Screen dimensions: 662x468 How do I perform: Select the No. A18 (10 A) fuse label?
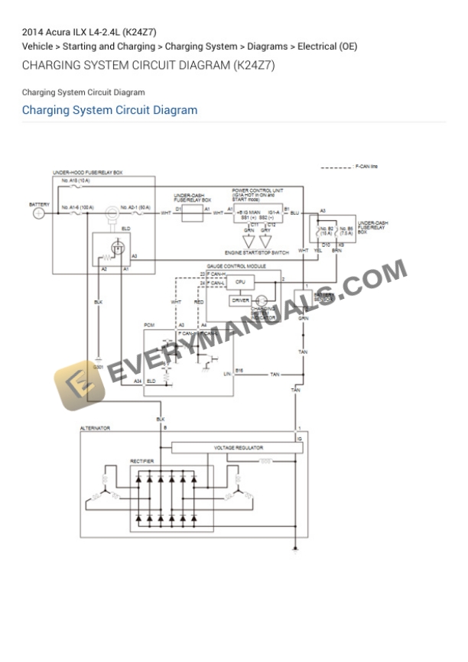coord(76,180)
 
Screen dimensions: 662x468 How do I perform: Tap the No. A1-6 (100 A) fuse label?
coord(77,206)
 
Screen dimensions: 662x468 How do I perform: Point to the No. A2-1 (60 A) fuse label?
coord(135,206)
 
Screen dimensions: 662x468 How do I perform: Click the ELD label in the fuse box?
coord(125,228)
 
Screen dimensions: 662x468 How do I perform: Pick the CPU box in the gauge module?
coord(240,282)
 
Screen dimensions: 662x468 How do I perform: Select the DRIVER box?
coord(240,300)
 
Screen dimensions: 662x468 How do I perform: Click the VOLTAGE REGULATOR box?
coord(239,447)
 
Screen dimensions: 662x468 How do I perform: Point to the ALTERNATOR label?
coord(96,428)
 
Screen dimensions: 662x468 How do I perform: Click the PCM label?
coord(149,326)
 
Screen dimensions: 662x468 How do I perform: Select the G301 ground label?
coord(98,368)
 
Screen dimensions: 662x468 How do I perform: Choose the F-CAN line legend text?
coord(366,166)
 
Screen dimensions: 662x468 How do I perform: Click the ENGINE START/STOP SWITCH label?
coord(256,252)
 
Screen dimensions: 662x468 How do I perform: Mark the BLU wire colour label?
coord(294,213)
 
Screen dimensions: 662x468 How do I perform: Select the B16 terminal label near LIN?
coord(239,370)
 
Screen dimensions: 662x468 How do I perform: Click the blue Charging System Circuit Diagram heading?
coord(109,110)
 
